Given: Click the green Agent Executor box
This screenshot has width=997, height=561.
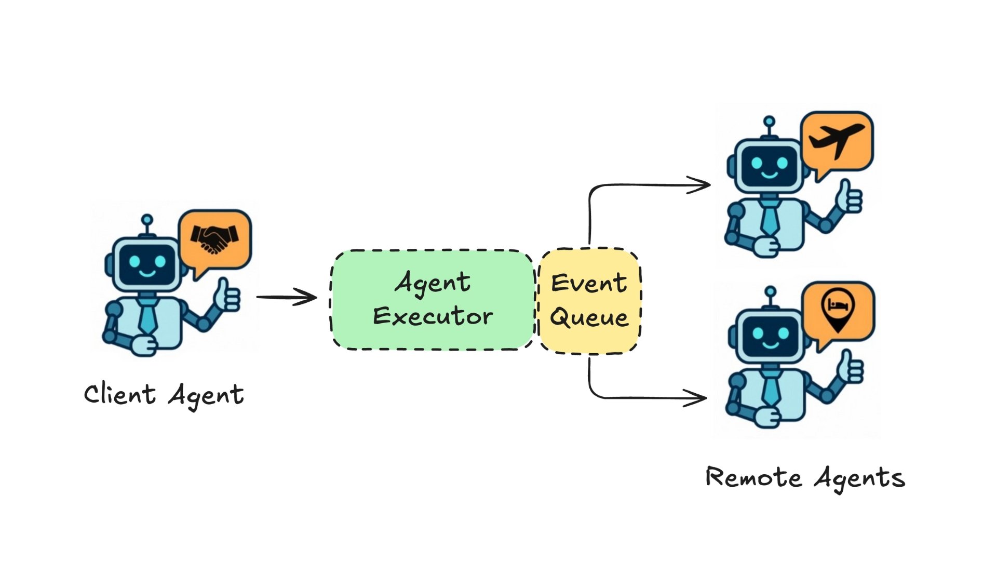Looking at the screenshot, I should [433, 300].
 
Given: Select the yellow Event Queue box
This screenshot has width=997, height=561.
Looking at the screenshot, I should [589, 301].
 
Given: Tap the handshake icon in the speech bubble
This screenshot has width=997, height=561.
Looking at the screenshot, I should [214, 238].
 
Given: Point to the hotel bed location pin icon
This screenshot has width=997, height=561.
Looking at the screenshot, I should [838, 310].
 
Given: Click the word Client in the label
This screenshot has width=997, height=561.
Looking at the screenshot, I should [119, 394].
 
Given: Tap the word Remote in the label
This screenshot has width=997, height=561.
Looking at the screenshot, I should [753, 477].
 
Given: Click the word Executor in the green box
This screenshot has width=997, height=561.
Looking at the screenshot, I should [433, 316].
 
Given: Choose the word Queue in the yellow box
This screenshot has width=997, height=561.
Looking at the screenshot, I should [589, 317].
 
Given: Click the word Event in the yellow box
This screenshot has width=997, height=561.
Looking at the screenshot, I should [589, 283].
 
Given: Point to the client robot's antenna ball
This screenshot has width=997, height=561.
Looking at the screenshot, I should [147, 220].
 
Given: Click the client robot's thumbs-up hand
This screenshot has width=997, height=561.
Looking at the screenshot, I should [227, 297].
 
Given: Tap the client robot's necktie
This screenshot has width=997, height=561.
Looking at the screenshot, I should [147, 317].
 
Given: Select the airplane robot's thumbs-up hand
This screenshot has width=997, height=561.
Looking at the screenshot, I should [848, 198].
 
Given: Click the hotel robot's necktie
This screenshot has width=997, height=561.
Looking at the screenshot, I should [771, 390].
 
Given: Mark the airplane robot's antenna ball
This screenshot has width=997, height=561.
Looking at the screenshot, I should [770, 122].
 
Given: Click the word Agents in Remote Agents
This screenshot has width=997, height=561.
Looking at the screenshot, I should [859, 478].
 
